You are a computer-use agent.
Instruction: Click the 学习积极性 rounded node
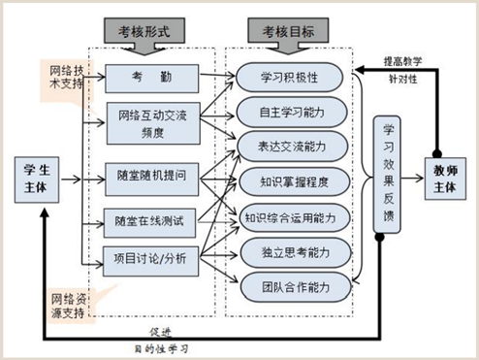(291, 76)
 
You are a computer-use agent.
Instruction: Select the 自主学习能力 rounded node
(291, 111)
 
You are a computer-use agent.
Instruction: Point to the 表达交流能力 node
(291, 147)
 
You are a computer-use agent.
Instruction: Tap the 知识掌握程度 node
(291, 180)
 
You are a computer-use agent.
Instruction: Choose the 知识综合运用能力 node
(291, 215)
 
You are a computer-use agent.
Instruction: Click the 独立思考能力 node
(291, 251)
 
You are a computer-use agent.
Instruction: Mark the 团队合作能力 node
(291, 286)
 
